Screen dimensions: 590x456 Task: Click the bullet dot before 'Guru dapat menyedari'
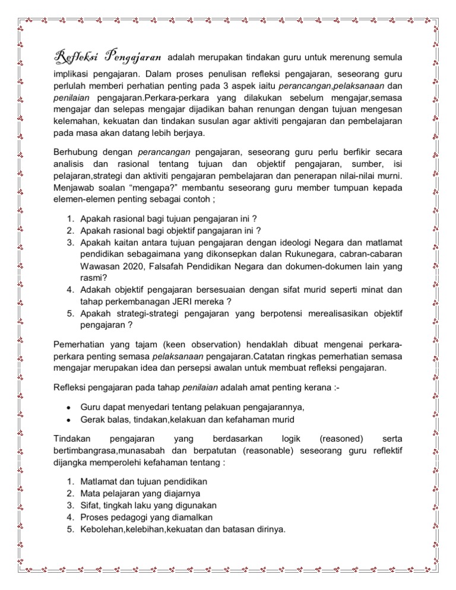69,407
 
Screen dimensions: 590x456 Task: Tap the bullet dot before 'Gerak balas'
69,420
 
